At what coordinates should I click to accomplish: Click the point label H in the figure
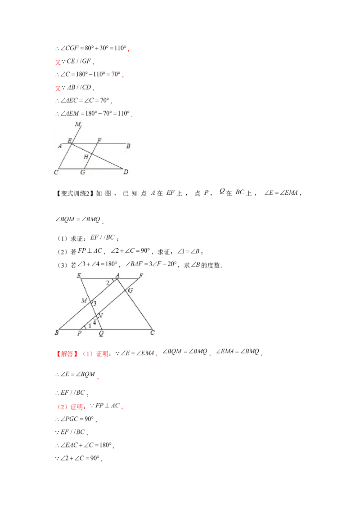coord(86,157)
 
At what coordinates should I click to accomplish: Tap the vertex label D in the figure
coord(126,172)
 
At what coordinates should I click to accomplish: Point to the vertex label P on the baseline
coord(79,333)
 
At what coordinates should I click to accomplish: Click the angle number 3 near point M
coord(94,304)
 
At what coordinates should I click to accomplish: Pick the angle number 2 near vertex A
coord(108,283)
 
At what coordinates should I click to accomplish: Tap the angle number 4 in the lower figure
coord(94,323)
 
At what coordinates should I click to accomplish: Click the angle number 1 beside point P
coord(90,326)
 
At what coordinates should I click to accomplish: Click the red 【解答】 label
coord(67,353)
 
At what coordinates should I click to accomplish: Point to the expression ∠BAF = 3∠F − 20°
coord(151,264)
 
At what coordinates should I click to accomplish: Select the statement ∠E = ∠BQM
coord(76,374)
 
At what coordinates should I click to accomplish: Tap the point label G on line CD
coord(82,172)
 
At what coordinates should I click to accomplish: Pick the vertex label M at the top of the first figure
coord(78,124)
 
